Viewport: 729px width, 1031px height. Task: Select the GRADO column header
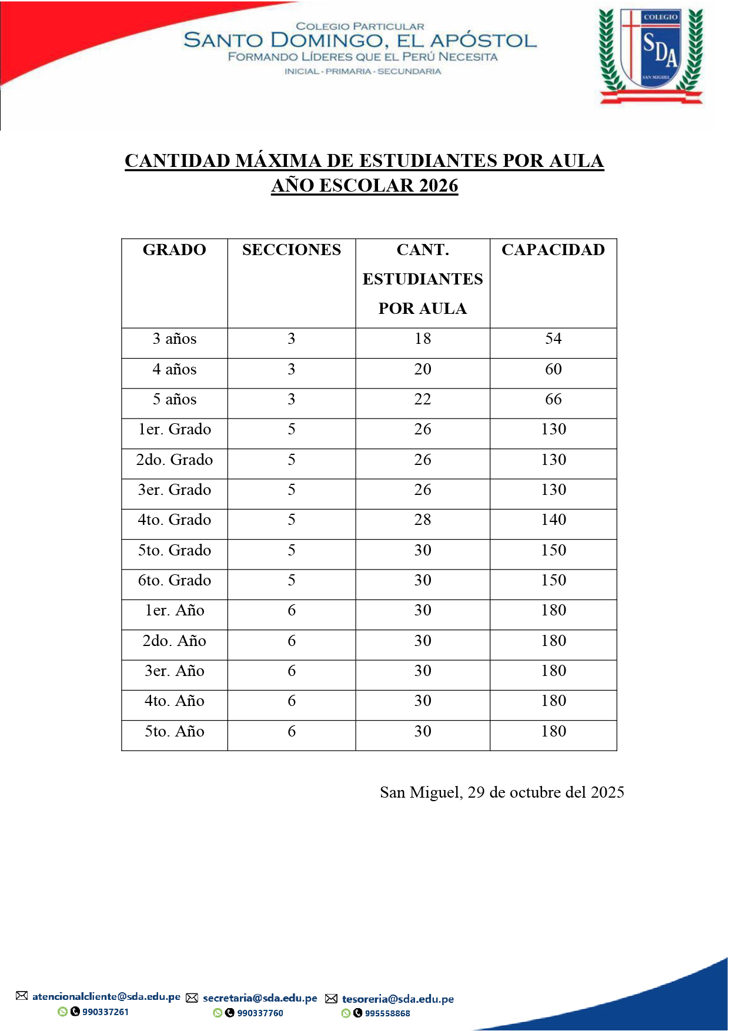[174, 250]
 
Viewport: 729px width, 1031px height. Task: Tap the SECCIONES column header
[291, 250]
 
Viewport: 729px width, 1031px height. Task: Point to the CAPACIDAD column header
[553, 250]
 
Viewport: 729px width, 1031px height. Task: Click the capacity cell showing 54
[553, 339]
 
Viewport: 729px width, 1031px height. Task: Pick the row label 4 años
[174, 369]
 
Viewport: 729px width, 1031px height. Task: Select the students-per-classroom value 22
[422, 399]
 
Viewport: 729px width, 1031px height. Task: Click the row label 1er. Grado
[174, 429]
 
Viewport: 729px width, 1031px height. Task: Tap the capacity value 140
[553, 520]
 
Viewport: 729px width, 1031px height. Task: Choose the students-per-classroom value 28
[422, 520]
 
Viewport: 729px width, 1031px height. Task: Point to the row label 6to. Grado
[174, 580]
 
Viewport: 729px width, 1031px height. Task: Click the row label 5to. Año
[174, 731]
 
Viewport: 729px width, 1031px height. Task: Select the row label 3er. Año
[174, 671]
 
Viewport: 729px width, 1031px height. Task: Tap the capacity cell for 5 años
[553, 399]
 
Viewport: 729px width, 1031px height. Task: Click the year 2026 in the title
[439, 186]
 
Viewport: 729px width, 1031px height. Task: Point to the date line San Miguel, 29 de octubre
[501, 792]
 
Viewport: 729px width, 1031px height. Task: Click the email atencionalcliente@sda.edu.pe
[106, 996]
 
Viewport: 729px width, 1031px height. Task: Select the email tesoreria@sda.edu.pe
[397, 999]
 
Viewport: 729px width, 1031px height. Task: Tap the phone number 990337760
[260, 1013]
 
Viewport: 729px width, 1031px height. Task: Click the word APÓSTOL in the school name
[483, 41]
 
